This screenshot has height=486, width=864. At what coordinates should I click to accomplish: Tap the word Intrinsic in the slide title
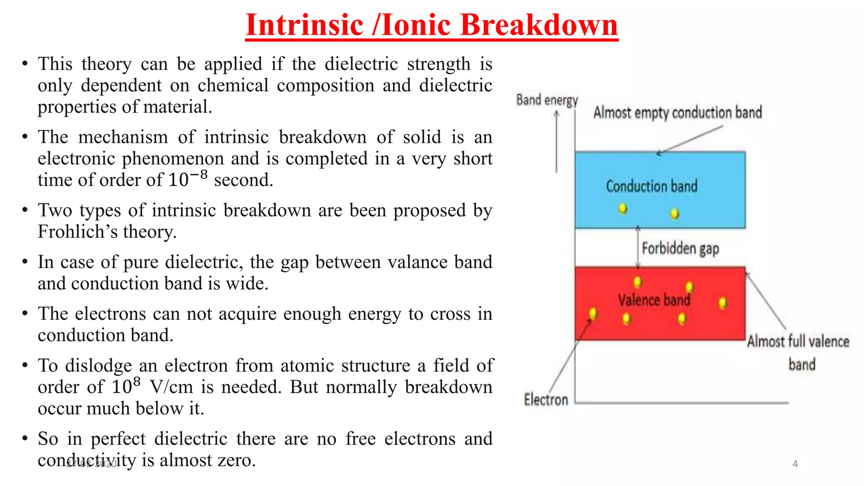(x=304, y=25)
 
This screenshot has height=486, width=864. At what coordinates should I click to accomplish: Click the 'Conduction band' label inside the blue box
(x=651, y=186)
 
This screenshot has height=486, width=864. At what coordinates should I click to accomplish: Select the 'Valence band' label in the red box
(x=654, y=300)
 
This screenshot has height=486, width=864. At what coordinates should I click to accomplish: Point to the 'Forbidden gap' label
(x=680, y=248)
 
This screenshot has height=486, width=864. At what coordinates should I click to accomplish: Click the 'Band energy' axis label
(x=547, y=100)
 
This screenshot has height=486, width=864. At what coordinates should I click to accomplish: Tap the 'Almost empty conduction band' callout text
(x=678, y=113)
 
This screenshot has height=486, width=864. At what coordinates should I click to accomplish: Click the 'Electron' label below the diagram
(x=546, y=399)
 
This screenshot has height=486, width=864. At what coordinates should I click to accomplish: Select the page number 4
(x=795, y=464)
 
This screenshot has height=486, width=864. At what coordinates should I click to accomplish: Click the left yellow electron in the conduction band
(x=623, y=208)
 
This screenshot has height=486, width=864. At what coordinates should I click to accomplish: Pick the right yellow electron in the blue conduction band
(x=675, y=213)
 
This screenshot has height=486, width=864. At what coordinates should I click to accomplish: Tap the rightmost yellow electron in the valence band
(x=723, y=302)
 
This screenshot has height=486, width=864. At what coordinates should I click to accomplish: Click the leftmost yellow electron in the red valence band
(x=593, y=313)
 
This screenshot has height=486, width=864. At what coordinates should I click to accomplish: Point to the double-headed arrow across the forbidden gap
(x=638, y=248)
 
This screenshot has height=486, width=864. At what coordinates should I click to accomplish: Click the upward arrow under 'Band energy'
(x=556, y=141)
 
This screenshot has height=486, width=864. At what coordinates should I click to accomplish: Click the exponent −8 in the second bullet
(x=198, y=175)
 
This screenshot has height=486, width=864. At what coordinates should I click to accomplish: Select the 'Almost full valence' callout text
(x=798, y=341)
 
